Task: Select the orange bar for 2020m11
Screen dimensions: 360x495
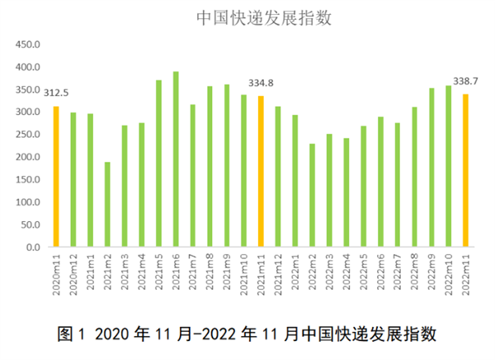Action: coord(56,177)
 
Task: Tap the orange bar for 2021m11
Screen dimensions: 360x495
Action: coord(261,172)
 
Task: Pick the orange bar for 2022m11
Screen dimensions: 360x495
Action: coord(465,171)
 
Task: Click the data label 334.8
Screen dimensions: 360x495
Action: coord(261,83)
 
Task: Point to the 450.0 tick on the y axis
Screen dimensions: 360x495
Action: coord(27,45)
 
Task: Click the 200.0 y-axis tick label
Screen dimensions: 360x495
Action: coord(27,157)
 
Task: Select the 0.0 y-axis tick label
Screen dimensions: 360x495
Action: coord(32,247)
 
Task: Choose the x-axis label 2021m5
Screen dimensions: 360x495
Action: coord(158,272)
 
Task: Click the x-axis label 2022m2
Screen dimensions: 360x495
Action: coord(312,272)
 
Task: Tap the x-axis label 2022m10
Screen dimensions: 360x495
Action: coord(449,273)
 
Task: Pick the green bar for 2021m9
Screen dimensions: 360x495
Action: coord(227,166)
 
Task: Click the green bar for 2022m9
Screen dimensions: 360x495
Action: coord(431,168)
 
